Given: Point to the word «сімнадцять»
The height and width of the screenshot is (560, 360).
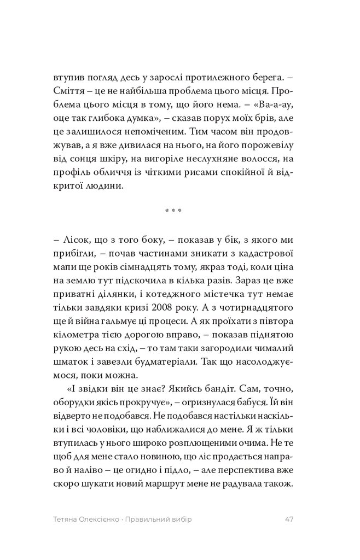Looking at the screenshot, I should (154, 269).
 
